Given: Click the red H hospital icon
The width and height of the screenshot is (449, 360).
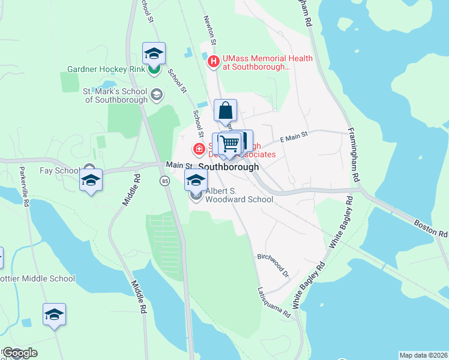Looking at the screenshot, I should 213,61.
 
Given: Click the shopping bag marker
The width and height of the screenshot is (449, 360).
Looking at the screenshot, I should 225,111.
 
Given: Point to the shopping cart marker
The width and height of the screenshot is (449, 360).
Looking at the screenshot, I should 229,144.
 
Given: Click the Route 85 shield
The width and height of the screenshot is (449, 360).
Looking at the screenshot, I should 164,180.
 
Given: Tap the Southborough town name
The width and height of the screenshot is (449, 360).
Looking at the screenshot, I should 228,167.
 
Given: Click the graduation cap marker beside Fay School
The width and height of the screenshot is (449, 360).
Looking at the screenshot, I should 91,180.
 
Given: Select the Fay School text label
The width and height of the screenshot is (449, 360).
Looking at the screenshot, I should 59,170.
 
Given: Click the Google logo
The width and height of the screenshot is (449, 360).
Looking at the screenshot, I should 20,353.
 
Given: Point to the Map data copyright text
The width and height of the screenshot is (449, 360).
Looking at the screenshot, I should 423,355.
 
